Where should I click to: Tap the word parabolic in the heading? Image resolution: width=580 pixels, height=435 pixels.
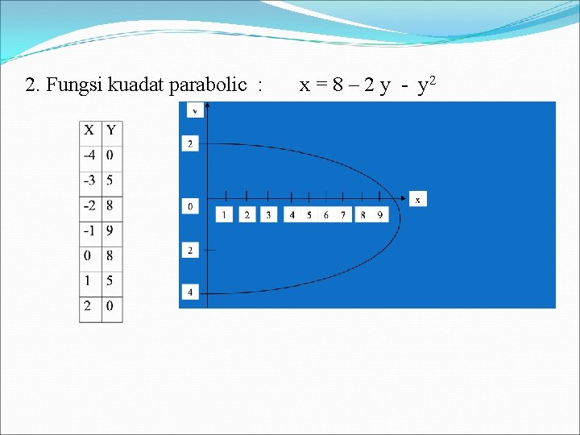point(208,85)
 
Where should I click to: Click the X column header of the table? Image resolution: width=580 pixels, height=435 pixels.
point(89,130)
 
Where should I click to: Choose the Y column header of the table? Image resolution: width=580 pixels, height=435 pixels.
point(111,130)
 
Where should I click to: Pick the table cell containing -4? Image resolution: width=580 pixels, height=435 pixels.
point(89,155)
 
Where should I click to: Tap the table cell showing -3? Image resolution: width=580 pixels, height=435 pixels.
point(89,180)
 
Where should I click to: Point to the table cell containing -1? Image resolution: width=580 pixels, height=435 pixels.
point(89,231)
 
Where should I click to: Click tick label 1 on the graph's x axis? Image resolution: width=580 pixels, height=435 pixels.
point(225,215)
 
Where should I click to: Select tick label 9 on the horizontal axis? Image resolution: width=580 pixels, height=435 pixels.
point(380,215)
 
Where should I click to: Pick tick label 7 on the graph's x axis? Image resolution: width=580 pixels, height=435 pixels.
point(344,215)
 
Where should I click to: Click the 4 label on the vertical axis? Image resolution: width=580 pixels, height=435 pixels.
point(190,292)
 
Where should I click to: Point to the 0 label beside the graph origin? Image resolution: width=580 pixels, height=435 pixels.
point(190,207)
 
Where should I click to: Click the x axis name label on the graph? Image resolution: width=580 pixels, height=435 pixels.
point(417,199)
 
